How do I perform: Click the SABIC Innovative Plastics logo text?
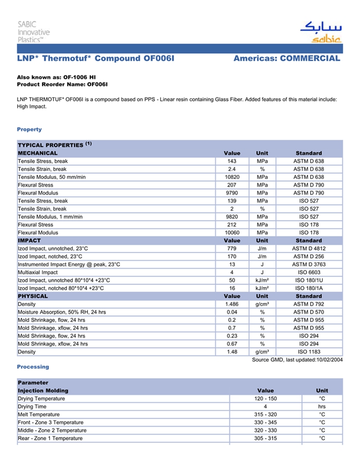33,31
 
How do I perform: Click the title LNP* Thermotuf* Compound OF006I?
96,59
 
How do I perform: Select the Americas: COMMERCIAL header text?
286,59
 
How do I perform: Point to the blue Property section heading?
29,130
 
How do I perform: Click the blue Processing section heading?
33,367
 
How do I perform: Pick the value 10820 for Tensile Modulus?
232,177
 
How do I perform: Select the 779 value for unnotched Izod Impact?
232,248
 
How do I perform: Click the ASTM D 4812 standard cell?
309,248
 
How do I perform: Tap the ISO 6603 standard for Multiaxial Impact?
309,272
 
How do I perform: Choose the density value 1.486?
232,304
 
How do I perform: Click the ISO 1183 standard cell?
309,352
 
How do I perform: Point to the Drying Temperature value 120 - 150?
265,399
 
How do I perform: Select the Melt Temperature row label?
39,415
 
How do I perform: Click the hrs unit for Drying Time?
322,406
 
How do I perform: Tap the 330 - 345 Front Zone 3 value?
265,422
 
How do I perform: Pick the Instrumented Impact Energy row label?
69,264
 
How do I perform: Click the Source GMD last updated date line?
297,360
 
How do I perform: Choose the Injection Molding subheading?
43,390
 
